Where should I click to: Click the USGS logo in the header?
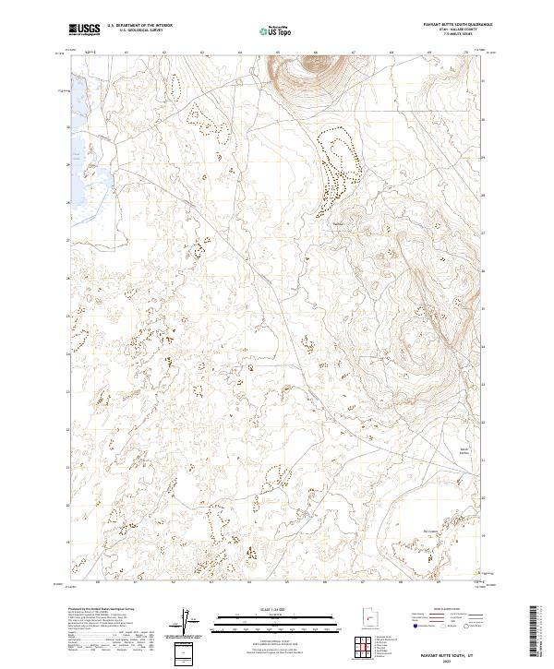(x=85, y=29)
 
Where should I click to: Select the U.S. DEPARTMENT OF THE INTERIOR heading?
(x=146, y=25)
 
